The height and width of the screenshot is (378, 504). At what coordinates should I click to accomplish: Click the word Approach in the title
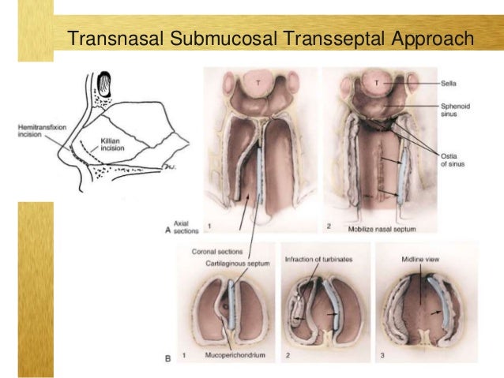point(431,39)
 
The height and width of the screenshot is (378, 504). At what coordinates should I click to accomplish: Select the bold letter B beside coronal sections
point(168,358)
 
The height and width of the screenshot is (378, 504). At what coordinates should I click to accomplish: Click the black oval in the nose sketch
point(105,81)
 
